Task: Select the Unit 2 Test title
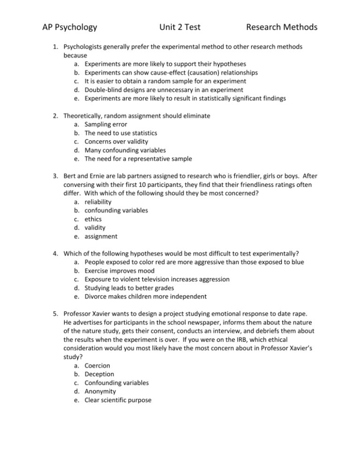pos(179,27)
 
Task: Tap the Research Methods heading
pos(282,27)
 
